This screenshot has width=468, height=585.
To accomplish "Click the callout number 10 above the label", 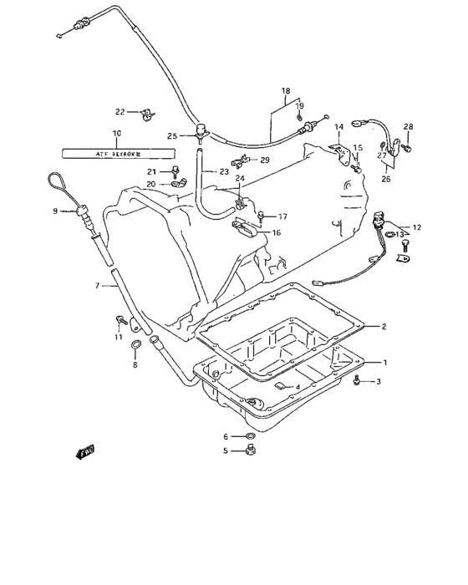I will click(x=116, y=134).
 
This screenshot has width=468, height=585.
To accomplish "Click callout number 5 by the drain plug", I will click(x=225, y=450).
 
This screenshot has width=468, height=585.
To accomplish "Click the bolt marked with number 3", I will click(x=357, y=381).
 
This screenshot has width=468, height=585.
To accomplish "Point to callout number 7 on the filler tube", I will click(x=97, y=286).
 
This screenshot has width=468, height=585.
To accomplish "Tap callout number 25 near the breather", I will click(x=172, y=135).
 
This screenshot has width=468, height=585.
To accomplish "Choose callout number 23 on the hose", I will click(x=224, y=172).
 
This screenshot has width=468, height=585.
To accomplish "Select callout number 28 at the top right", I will click(x=409, y=126).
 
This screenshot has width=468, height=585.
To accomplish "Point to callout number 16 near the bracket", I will click(x=276, y=233).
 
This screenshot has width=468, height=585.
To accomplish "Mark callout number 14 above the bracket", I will click(x=339, y=127).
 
